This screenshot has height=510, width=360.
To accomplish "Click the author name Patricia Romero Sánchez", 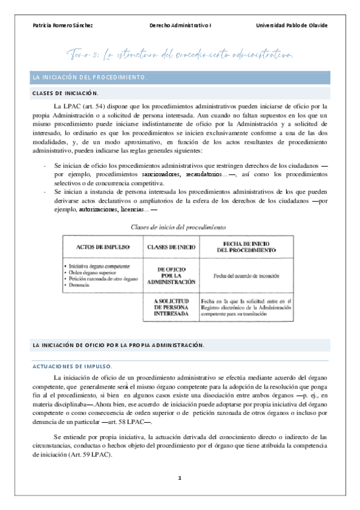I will [x=63, y=25].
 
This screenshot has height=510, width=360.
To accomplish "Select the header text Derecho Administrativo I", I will [x=181, y=25].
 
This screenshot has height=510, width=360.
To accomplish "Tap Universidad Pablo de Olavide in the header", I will [x=291, y=25].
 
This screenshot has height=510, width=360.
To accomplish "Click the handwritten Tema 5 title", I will [x=180, y=56].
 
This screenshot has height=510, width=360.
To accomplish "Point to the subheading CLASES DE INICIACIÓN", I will [x=66, y=93].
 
